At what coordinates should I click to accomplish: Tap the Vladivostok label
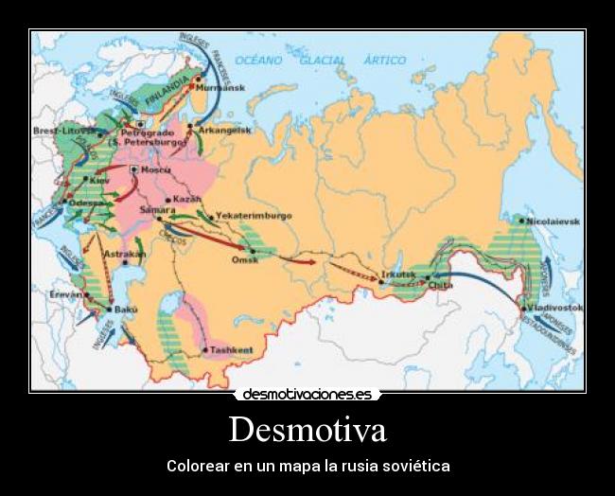click(x=556, y=309)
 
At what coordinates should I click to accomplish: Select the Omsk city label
click(x=245, y=259)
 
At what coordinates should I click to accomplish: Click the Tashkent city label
click(x=232, y=350)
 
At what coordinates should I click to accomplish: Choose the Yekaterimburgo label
click(x=254, y=216)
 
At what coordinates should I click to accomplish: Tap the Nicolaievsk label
click(x=555, y=221)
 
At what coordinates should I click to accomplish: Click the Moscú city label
click(x=155, y=169)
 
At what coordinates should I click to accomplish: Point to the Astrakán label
click(x=124, y=254)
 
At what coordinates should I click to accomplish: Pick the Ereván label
click(x=67, y=294)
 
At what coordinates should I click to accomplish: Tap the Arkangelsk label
click(x=224, y=131)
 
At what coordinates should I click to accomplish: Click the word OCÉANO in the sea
click(x=258, y=60)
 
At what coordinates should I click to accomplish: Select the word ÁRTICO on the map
click(x=385, y=60)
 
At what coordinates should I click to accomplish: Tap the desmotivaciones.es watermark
click(x=307, y=394)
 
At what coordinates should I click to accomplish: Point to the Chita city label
click(x=440, y=284)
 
